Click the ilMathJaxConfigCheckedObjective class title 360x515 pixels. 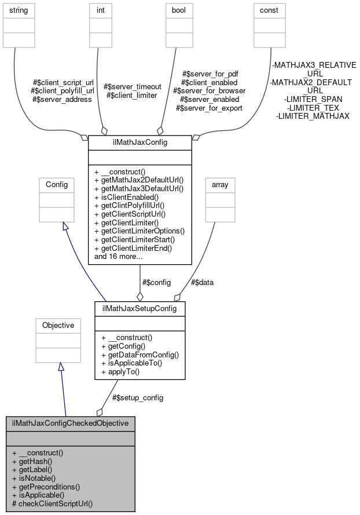[x=70, y=423]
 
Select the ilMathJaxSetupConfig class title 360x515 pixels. [x=139, y=309]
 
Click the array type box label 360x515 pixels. [x=220, y=185]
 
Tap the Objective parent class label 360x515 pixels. [x=58, y=326]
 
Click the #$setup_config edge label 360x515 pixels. [x=138, y=397]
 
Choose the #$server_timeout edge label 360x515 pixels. [x=131, y=86]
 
